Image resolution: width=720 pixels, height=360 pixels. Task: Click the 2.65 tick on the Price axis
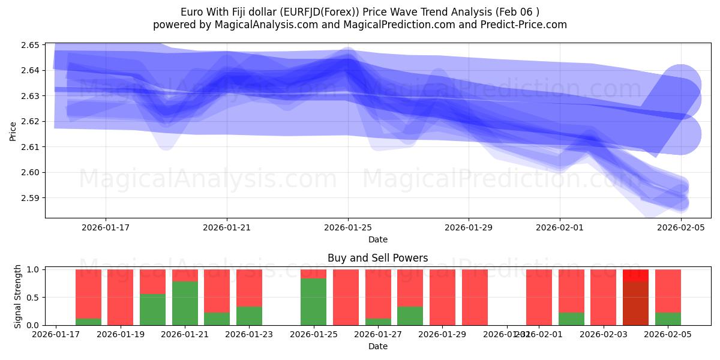tap(30, 45)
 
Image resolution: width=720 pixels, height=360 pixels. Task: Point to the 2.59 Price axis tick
tap(30, 198)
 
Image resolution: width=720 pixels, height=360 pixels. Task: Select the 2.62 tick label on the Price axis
tap(30, 121)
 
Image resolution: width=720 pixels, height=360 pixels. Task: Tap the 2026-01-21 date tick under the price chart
tap(227, 227)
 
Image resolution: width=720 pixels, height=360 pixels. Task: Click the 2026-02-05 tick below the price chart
tap(680, 227)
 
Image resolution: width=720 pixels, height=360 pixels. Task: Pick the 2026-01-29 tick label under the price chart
tap(468, 227)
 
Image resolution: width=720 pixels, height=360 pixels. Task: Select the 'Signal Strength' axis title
tap(18, 296)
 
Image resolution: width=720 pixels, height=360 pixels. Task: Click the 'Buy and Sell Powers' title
tap(378, 258)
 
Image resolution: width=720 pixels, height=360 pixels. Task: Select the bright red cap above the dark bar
tap(635, 275)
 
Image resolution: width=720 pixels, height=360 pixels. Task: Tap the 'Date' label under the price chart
tap(378, 239)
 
